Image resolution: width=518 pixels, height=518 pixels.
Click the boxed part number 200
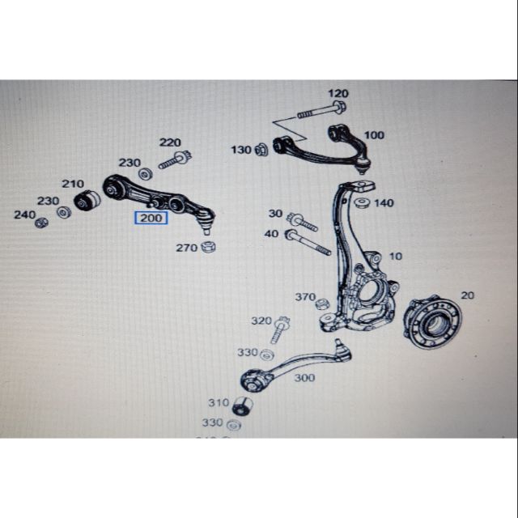click(x=152, y=217)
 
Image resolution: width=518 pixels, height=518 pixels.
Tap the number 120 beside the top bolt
click(x=338, y=94)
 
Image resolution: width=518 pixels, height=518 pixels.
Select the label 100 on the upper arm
click(x=375, y=135)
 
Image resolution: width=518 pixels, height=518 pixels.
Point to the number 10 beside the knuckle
click(x=395, y=256)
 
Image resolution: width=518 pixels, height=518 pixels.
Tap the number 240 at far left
click(x=24, y=215)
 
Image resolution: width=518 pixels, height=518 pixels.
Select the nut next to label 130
click(x=262, y=150)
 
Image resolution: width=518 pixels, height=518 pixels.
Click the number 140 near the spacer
click(x=384, y=202)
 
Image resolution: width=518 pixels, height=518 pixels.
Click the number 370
click(x=304, y=297)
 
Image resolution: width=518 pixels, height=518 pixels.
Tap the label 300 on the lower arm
click(x=305, y=377)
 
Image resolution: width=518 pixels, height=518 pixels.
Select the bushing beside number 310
click(x=242, y=404)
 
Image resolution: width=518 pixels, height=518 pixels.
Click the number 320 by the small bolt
click(x=261, y=321)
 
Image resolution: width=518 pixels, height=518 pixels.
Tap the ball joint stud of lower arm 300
click(x=341, y=349)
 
